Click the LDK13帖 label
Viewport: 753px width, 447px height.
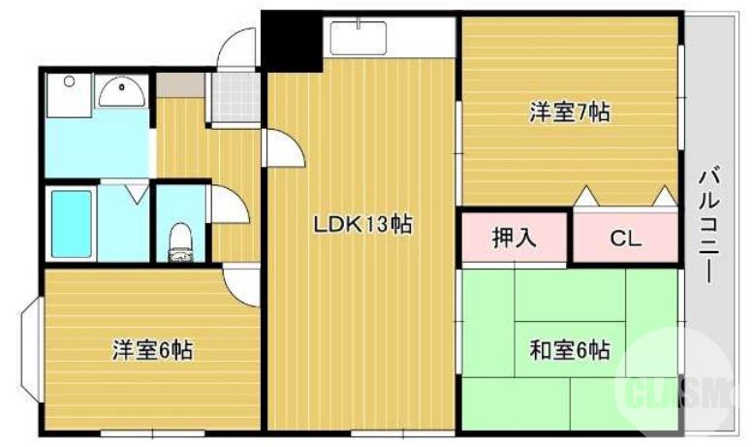pyautogui.click(x=362, y=226)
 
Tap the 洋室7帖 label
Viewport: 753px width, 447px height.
pyautogui.click(x=569, y=112)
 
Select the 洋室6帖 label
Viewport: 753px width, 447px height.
pyautogui.click(x=151, y=350)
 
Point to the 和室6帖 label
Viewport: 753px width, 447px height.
pyautogui.click(x=569, y=349)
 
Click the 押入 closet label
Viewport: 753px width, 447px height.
pyautogui.click(x=515, y=239)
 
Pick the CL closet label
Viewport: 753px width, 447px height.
pyautogui.click(x=625, y=239)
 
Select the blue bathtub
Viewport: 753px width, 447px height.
pyautogui.click(x=71, y=224)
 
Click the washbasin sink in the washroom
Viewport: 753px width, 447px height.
pyautogui.click(x=122, y=93)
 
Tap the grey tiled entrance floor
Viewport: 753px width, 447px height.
pyautogui.click(x=235, y=95)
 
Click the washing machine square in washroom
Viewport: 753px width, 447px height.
pyautogui.click(x=67, y=91)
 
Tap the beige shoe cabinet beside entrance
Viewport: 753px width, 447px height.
pyautogui.click(x=180, y=84)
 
